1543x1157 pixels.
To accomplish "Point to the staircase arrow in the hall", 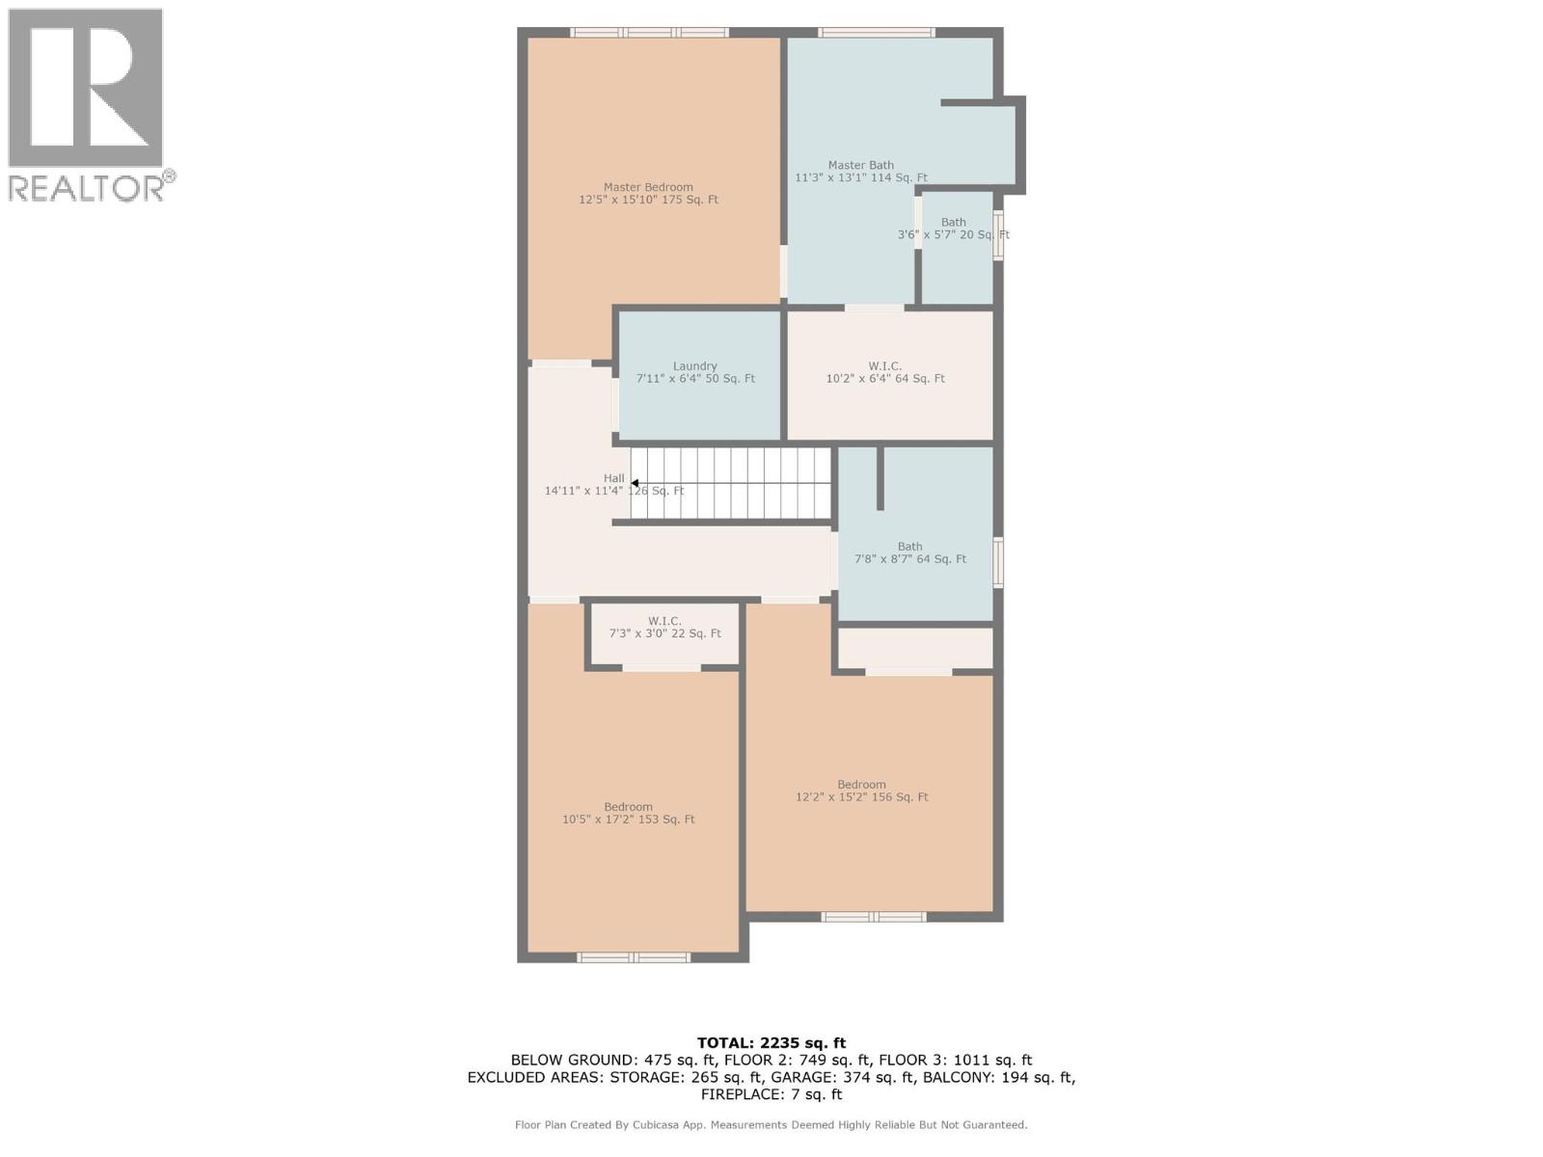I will tap(635, 483).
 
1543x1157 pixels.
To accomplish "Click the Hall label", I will tap(613, 478).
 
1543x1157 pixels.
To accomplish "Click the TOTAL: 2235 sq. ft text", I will tap(771, 1042).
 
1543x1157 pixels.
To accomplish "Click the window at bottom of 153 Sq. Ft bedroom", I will tap(634, 957).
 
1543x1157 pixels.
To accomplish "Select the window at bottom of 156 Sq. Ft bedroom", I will tap(874, 917).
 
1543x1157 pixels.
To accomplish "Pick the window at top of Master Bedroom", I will tap(649, 33).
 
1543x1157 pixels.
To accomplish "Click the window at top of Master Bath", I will tap(876, 33).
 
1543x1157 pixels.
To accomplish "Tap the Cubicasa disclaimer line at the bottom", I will tap(771, 1124).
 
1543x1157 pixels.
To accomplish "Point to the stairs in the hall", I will tap(733, 483).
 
